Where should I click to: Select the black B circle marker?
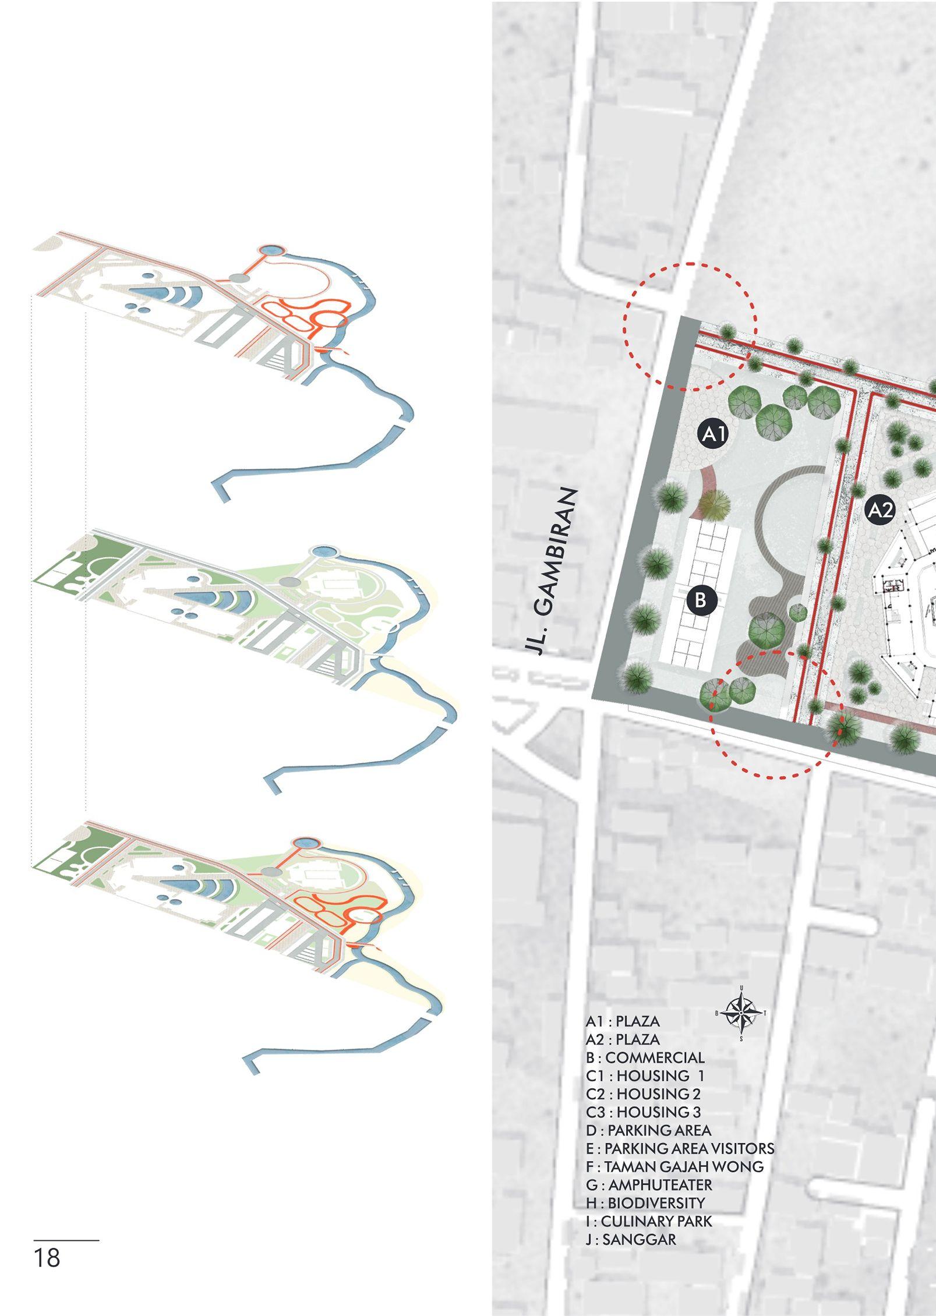(701, 599)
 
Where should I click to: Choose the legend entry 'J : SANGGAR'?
(631, 1239)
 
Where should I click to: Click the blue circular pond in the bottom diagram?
(305, 842)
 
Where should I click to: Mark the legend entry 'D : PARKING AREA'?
(648, 1130)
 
